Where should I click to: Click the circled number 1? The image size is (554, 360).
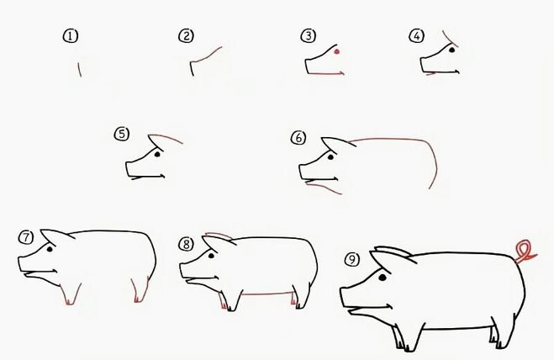click(71, 36)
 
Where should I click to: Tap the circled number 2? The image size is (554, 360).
click(186, 35)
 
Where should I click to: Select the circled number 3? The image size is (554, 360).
click(309, 35)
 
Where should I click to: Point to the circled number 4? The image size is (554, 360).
click(417, 35)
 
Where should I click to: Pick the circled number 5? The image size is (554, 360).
click(122, 134)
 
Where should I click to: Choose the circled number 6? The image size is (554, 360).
click(298, 138)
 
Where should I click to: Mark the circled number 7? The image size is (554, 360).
click(26, 237)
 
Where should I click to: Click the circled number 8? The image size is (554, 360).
click(186, 244)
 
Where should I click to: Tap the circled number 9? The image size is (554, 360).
click(352, 260)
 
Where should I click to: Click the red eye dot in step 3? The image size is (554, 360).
click(337, 51)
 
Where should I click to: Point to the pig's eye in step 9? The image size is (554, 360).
click(383, 278)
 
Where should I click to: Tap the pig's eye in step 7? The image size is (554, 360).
click(50, 249)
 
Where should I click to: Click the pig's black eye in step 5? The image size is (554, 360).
click(157, 154)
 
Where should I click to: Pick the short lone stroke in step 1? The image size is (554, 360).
click(80, 69)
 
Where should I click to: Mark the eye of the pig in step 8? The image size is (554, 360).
click(212, 256)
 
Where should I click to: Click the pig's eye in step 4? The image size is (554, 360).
click(452, 50)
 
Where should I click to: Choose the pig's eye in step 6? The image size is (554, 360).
click(331, 156)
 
